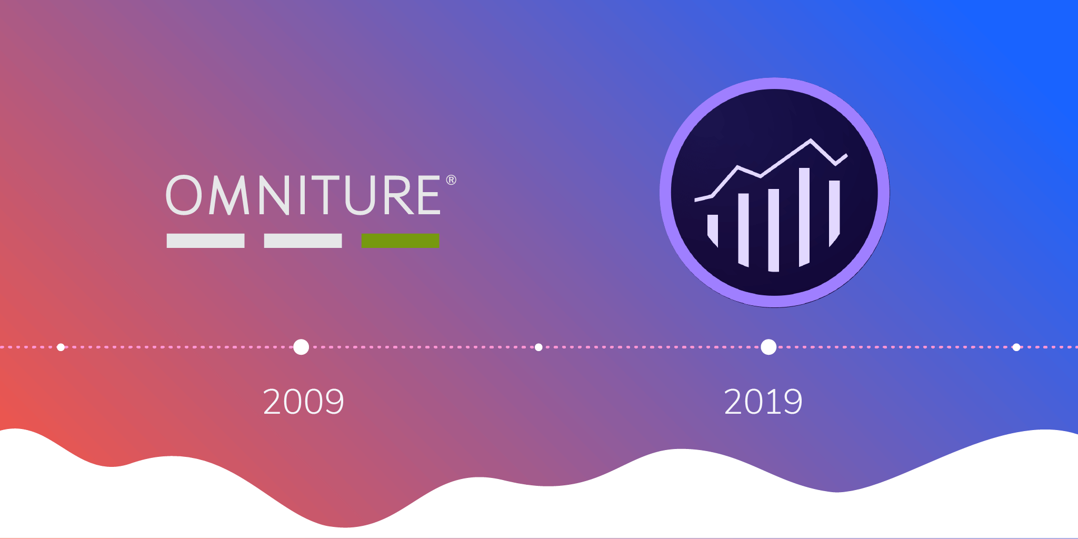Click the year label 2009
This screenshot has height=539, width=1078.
pos(303,402)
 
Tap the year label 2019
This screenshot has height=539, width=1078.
pos(763,402)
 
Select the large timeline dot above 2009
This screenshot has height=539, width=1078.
pos(301,347)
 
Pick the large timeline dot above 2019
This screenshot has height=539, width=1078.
pos(768,347)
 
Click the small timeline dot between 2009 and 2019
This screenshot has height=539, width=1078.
pos(538,347)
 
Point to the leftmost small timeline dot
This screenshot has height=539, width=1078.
pos(61,347)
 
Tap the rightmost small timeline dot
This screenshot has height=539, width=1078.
pos(1016,347)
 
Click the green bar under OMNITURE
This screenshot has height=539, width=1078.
pos(400,241)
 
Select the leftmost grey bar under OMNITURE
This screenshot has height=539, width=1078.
pos(205,241)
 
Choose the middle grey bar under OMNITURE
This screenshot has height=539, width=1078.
pos(303,241)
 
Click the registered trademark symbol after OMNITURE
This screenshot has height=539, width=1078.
pos(451,180)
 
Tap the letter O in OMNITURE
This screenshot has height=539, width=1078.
pos(184,195)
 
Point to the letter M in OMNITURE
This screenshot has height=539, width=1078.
pos(229,195)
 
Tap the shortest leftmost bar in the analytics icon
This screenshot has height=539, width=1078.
pos(713,229)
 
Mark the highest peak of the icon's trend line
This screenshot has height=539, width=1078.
pos(811,140)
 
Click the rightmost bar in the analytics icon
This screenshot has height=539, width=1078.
pos(834,211)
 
